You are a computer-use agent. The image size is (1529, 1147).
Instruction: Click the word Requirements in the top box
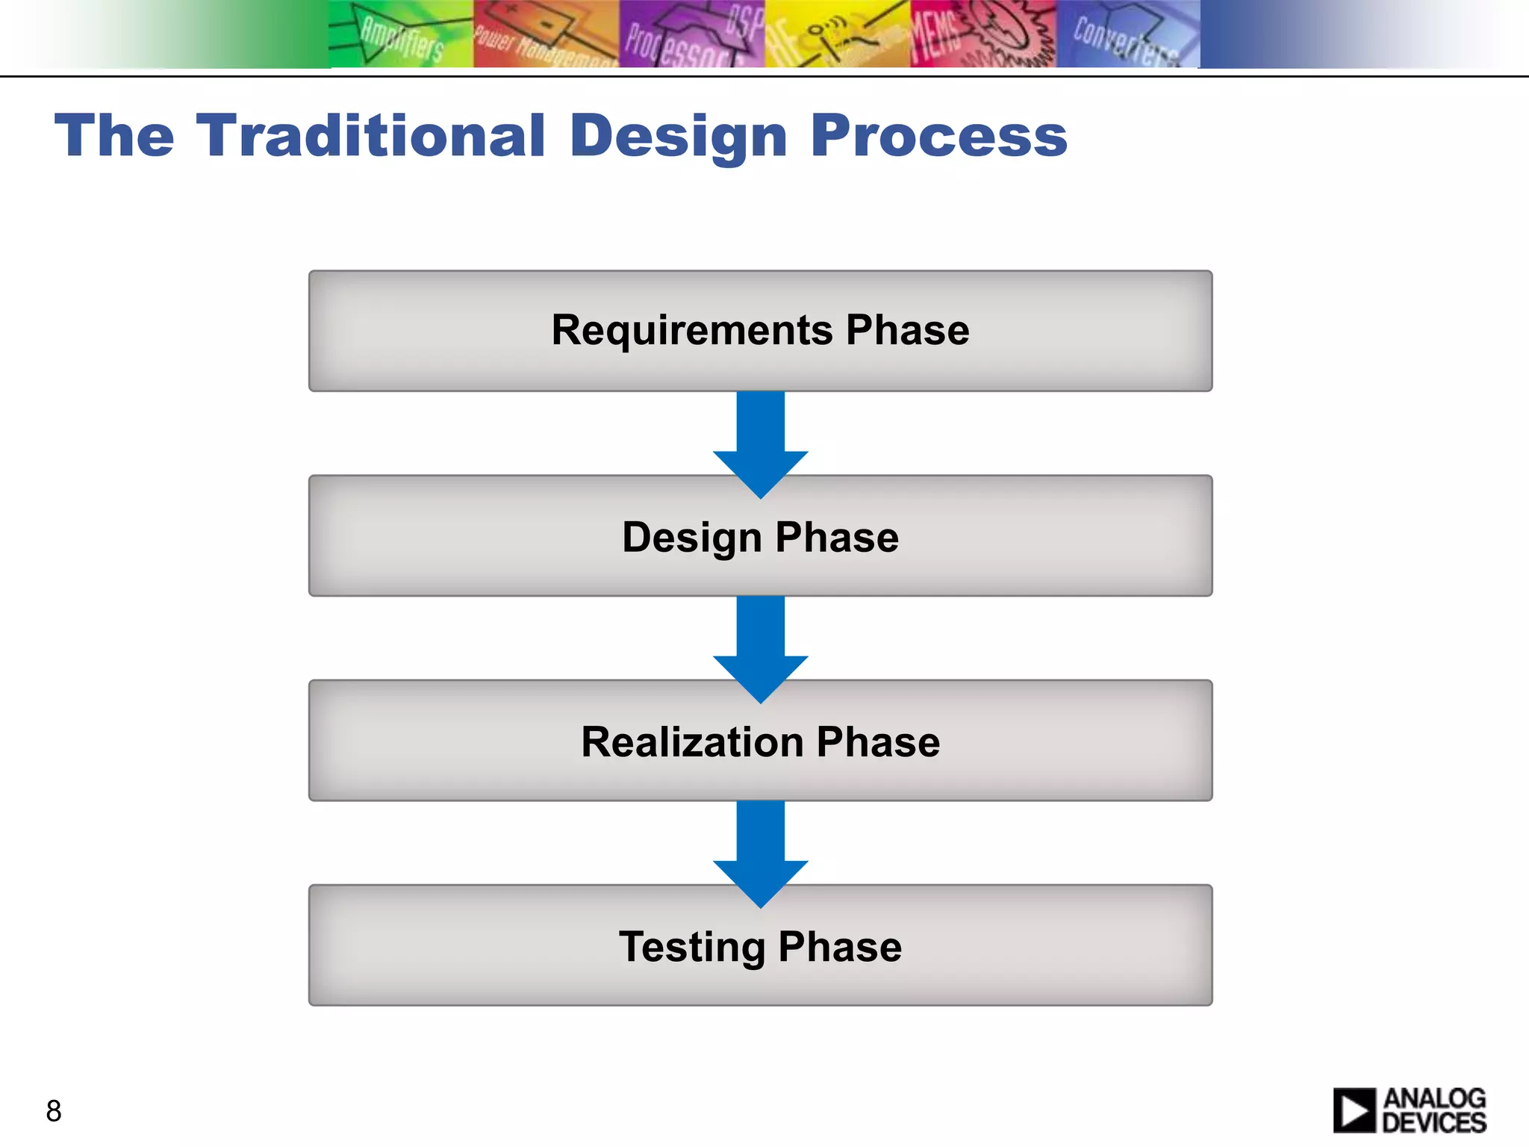tap(691, 330)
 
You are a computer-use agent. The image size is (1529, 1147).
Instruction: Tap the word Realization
tap(692, 742)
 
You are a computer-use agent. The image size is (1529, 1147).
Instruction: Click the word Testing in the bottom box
tap(691, 947)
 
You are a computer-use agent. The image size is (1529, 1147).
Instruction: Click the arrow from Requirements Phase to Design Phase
tap(760, 441)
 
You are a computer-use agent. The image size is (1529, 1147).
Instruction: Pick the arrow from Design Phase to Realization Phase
tap(760, 645)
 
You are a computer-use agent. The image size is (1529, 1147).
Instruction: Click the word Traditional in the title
tap(371, 136)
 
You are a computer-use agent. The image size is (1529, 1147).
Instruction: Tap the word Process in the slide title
tap(938, 136)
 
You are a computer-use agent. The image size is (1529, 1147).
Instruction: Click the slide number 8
tap(54, 1111)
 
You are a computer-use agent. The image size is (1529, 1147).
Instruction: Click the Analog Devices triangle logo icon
tap(1354, 1110)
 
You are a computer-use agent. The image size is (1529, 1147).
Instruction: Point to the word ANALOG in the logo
tap(1434, 1098)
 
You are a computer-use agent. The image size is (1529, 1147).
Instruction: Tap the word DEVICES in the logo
tap(1434, 1122)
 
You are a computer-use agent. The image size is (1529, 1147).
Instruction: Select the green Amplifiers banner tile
tap(401, 34)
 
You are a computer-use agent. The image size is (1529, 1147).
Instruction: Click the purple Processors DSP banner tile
tap(692, 34)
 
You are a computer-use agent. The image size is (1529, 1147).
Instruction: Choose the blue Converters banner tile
tap(1127, 34)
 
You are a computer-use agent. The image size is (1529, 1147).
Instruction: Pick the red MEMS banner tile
tap(983, 34)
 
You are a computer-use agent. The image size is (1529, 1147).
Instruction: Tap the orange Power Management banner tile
tap(546, 34)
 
